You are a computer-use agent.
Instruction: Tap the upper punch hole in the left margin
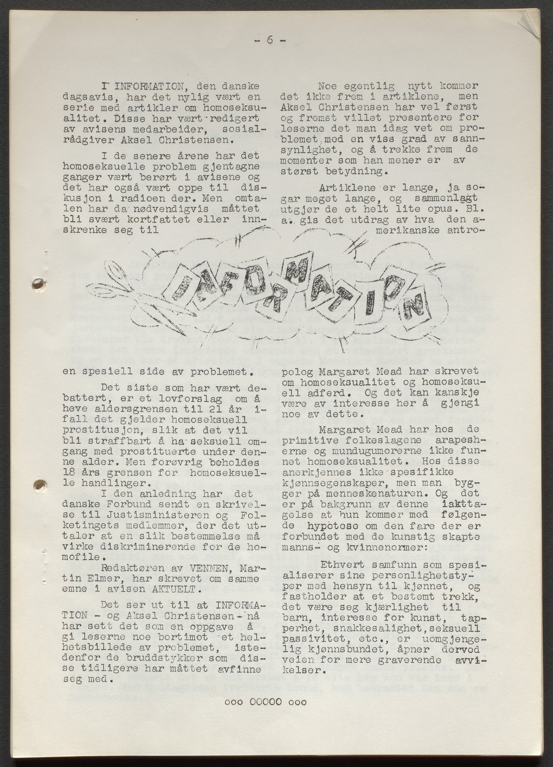(38, 284)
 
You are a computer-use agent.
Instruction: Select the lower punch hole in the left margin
(38, 484)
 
